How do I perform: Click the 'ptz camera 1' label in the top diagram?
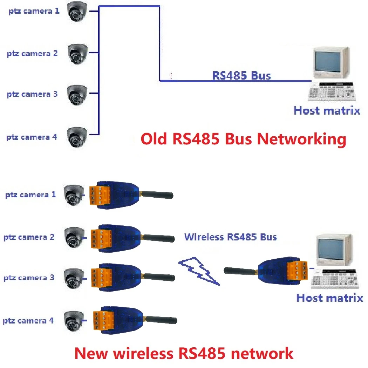pos(34,11)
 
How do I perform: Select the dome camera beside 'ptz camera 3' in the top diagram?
pos(77,95)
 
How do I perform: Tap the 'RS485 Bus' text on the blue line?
pos(241,75)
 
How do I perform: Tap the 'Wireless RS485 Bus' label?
pos(230,237)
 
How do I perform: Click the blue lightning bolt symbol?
pos(199,271)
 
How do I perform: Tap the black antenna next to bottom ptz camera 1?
pos(158,195)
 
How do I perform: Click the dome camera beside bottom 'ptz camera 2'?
pos(74,237)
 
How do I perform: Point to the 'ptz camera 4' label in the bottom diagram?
pos(28,321)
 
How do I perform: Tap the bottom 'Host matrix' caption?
pos(329,298)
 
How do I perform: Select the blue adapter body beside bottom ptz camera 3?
pos(124,278)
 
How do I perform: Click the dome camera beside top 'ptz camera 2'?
pos(77,54)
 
